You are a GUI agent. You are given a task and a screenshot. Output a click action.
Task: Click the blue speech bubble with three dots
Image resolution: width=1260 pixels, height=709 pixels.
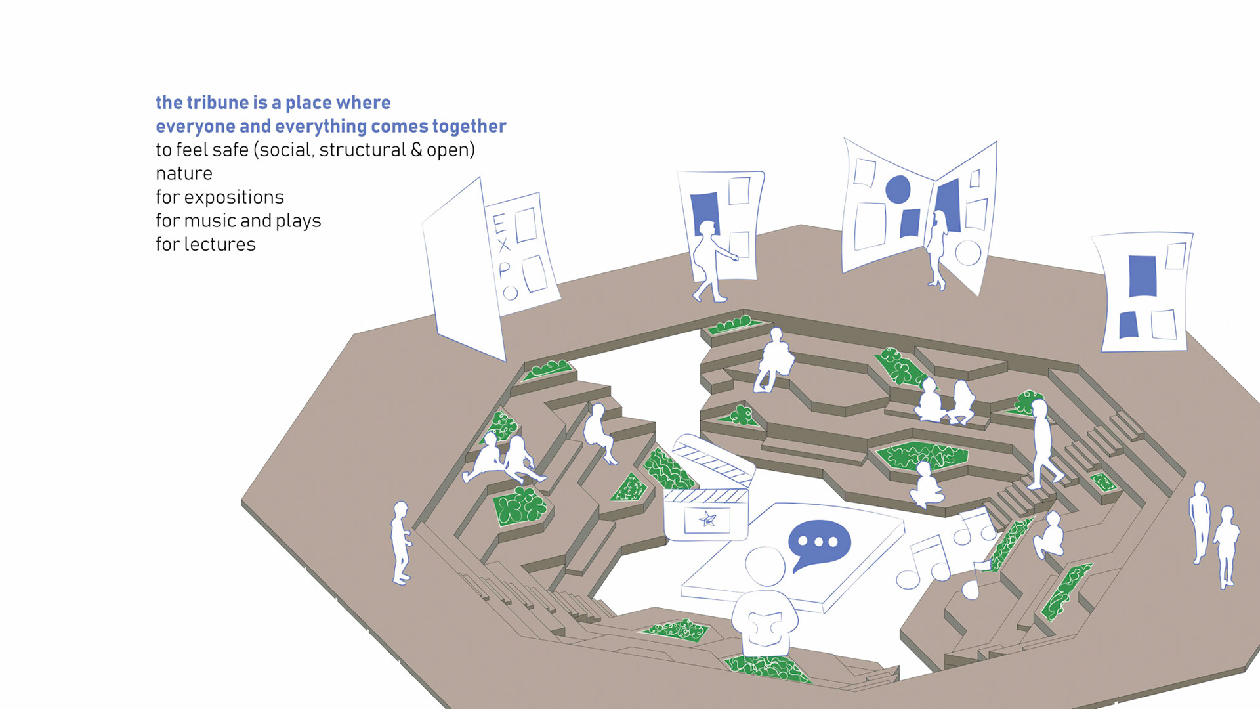point(819,543)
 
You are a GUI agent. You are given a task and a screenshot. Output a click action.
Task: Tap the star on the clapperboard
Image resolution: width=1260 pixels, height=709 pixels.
point(707,520)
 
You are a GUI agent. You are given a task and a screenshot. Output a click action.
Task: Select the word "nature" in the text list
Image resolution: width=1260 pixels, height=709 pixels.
point(184,173)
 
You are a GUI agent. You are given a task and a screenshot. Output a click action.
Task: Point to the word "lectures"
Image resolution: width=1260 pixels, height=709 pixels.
point(220,244)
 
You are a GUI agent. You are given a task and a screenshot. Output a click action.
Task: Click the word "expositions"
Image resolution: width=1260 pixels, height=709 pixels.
point(234,197)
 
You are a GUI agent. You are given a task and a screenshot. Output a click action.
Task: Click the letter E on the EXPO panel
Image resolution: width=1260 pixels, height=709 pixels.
point(499,224)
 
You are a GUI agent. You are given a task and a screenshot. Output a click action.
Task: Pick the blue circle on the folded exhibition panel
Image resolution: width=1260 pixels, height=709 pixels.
point(898,189)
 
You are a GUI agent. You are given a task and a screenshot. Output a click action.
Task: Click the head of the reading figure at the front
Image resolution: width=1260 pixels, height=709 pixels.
point(765,566)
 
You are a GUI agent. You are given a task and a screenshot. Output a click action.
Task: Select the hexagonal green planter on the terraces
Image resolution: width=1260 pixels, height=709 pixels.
point(922,454)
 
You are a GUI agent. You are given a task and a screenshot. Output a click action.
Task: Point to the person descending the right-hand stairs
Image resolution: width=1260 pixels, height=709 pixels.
point(1042,443)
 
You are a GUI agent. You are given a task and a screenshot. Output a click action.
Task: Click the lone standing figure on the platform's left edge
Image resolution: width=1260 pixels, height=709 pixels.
point(400,542)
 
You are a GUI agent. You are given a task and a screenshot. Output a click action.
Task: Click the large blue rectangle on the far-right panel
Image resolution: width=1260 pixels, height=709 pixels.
point(1143,276)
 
